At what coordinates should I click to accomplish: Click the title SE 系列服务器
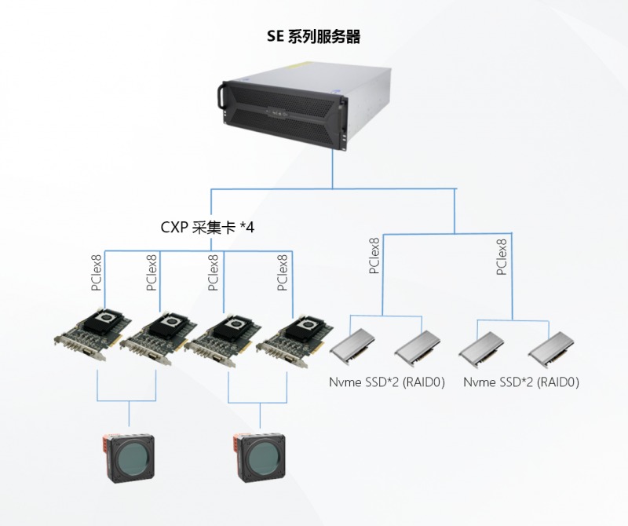coord(314,36)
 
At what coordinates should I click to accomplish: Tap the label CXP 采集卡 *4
coord(207,228)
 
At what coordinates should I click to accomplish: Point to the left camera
coord(129,455)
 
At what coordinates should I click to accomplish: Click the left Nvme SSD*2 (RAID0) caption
coord(385,383)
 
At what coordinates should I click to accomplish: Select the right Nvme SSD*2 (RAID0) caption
coord(521,383)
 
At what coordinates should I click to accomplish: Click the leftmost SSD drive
coord(356,346)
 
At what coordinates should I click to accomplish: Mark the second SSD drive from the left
coord(415,346)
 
